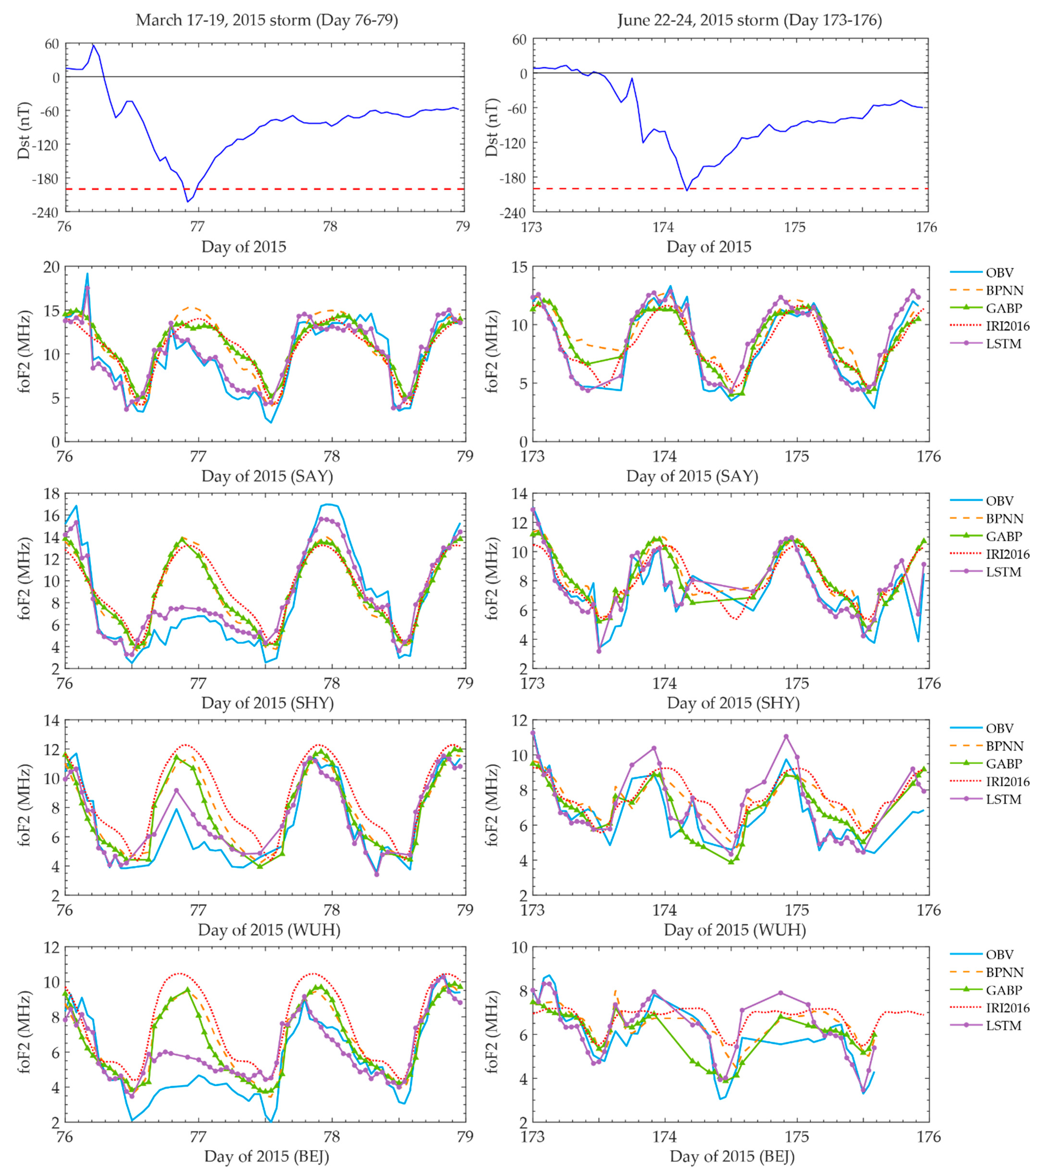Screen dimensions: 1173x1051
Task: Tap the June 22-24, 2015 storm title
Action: coord(749,20)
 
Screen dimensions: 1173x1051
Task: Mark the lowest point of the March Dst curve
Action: coord(187,202)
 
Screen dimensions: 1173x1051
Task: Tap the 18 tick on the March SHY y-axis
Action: coord(51,494)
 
